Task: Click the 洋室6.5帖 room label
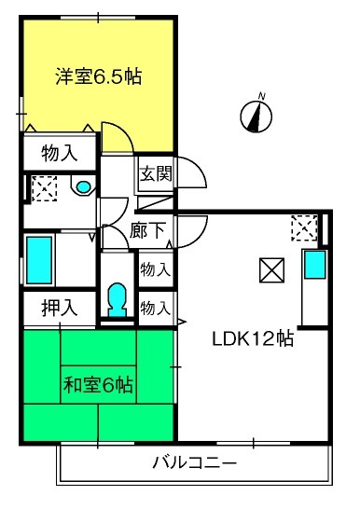[x=98, y=76]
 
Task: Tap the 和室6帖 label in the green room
[x=98, y=385]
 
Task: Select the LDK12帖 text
[x=253, y=339]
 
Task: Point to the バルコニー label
[x=195, y=462]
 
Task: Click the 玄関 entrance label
[x=156, y=175]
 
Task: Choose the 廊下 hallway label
[x=147, y=230]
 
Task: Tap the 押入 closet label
[x=60, y=308]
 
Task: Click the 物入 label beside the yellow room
[x=60, y=153]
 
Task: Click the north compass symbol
[x=256, y=117]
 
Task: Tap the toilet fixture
[x=117, y=300]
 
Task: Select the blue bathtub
[x=39, y=260]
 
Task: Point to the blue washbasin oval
[x=83, y=186]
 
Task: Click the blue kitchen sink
[x=314, y=265]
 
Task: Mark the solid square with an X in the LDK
[x=271, y=270]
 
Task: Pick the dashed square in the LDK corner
[x=304, y=227]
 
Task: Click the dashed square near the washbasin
[x=45, y=189]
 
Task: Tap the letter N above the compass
[x=262, y=96]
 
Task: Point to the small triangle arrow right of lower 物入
[x=182, y=322]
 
